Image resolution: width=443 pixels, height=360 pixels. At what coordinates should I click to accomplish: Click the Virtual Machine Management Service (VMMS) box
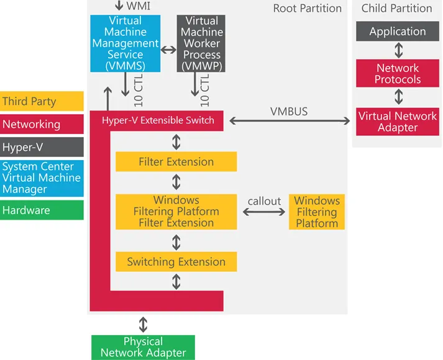pyautogui.click(x=125, y=43)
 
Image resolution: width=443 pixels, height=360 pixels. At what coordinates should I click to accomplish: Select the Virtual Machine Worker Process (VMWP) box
pyautogui.click(x=201, y=43)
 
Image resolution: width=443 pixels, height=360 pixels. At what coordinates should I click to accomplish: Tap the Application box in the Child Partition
pyautogui.click(x=398, y=31)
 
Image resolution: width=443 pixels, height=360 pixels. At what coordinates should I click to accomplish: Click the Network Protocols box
pyautogui.click(x=398, y=73)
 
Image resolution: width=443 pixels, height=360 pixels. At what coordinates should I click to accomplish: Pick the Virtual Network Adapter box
pyautogui.click(x=398, y=122)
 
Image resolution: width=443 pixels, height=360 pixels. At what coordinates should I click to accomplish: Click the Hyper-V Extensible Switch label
pyautogui.click(x=158, y=120)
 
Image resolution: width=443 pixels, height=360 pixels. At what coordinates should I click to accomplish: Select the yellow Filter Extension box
pyautogui.click(x=176, y=161)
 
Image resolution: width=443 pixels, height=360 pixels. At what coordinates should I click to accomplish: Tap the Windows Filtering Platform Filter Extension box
pyautogui.click(x=176, y=212)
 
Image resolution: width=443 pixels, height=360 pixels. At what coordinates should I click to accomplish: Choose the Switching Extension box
pyautogui.click(x=176, y=262)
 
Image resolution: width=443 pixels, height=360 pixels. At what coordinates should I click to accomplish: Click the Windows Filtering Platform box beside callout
pyautogui.click(x=317, y=212)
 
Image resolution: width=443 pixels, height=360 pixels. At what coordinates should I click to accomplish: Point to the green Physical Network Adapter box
pyautogui.click(x=143, y=348)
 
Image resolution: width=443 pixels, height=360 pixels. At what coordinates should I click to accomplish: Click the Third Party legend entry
pyautogui.click(x=42, y=101)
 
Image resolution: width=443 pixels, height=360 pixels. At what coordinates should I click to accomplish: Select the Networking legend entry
pyautogui.click(x=42, y=124)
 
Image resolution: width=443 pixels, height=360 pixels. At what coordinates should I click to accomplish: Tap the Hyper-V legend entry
pyautogui.click(x=42, y=147)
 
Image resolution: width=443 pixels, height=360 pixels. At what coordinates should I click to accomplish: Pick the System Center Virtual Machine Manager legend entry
pyautogui.click(x=42, y=178)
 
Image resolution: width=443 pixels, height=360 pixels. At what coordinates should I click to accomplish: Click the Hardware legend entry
pyautogui.click(x=42, y=210)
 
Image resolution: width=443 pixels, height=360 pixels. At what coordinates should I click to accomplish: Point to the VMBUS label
pyautogui.click(x=289, y=112)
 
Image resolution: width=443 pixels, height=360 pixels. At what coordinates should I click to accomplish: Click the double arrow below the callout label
pyautogui.click(x=264, y=212)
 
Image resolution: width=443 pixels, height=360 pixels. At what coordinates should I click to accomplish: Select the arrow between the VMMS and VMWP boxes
pyautogui.click(x=168, y=50)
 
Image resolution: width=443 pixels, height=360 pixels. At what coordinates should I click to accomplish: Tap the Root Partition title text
pyautogui.click(x=308, y=8)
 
